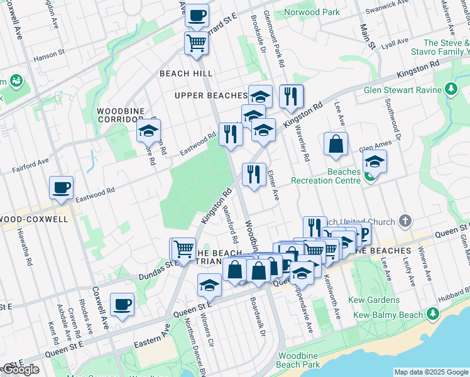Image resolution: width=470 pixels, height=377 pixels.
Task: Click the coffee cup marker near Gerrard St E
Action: (197, 15)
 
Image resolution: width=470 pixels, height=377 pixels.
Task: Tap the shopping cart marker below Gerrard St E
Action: (196, 44)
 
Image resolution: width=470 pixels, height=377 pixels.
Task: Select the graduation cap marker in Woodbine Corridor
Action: (148, 131)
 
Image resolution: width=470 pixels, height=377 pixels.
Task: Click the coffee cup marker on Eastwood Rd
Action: (62, 187)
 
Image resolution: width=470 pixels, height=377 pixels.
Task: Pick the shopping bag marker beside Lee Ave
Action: (336, 144)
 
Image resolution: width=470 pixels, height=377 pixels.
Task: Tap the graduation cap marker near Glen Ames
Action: (374, 161)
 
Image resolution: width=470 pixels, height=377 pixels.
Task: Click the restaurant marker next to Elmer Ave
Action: (254, 174)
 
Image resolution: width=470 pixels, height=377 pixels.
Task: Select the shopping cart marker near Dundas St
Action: (183, 249)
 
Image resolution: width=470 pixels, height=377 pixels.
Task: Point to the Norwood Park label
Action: (312, 12)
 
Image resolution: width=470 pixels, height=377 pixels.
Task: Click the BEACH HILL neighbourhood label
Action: (186, 74)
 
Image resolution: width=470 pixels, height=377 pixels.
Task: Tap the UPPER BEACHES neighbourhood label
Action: (210, 96)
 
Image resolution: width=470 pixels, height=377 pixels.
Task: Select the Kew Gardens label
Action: (376, 300)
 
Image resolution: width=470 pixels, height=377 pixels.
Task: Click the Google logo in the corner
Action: (21, 369)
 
